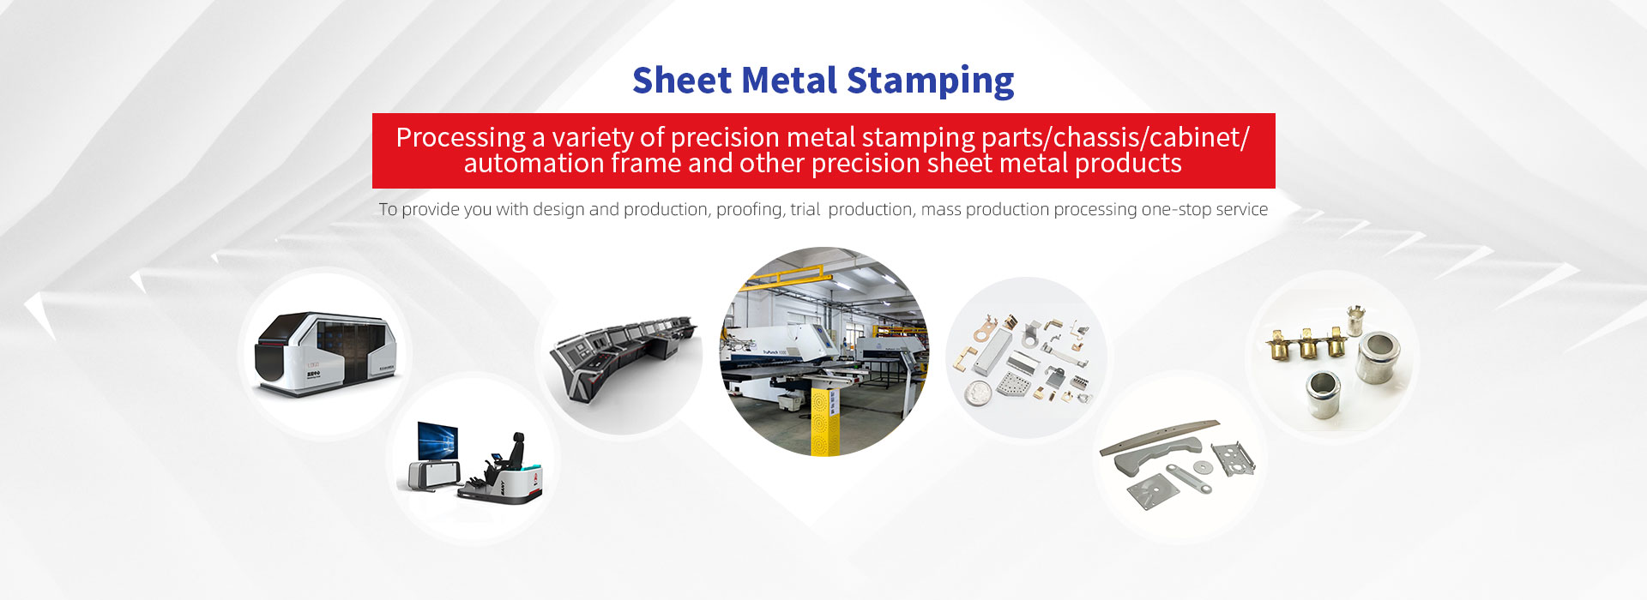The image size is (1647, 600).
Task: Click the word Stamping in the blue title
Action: pyautogui.click(x=930, y=81)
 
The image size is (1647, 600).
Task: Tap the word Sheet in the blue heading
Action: pyautogui.click(x=682, y=80)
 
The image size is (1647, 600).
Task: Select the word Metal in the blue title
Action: pyautogui.click(x=789, y=80)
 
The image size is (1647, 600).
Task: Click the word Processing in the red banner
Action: pyautogui.click(x=461, y=138)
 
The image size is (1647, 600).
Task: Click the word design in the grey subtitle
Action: pyautogui.click(x=558, y=209)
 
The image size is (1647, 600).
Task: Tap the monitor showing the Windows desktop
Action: pyautogui.click(x=437, y=441)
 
